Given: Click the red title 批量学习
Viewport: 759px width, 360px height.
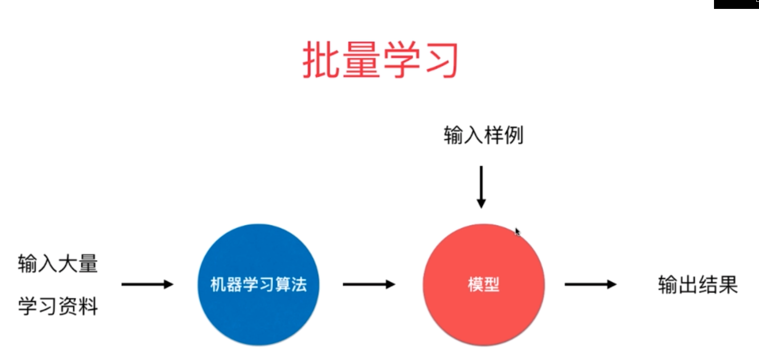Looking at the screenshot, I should pyautogui.click(x=380, y=60).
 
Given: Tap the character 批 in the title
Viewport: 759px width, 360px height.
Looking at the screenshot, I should pyautogui.click(x=322, y=60).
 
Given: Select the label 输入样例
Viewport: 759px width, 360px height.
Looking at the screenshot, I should pyautogui.click(x=483, y=135).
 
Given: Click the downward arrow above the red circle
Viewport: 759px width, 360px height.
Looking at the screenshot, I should pyautogui.click(x=481, y=187).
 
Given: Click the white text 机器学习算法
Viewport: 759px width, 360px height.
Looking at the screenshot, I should pyautogui.click(x=258, y=284).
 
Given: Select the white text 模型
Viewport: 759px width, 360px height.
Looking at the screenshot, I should pyautogui.click(x=484, y=284).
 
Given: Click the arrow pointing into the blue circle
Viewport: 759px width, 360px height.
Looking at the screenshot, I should pyautogui.click(x=147, y=284).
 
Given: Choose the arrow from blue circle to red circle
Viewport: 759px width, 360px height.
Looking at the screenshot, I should pyautogui.click(x=369, y=284).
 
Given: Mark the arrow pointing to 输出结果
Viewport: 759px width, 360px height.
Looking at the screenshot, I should pyautogui.click(x=590, y=284).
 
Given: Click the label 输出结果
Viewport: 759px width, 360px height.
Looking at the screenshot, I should pyautogui.click(x=697, y=285).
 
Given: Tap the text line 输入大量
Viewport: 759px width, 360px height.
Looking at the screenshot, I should pyautogui.click(x=57, y=263).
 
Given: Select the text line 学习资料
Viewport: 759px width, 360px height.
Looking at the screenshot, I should pyautogui.click(x=57, y=306).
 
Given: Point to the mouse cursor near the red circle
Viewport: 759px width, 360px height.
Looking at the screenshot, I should pyautogui.click(x=517, y=232).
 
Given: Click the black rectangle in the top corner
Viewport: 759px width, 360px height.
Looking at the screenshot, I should pyautogui.click(x=736, y=4).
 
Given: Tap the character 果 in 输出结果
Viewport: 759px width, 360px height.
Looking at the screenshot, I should pyautogui.click(x=728, y=285).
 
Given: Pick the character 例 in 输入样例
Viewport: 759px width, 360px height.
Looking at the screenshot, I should pyautogui.click(x=513, y=135).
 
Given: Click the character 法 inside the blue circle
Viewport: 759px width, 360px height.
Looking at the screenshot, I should pyautogui.click(x=299, y=284).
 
